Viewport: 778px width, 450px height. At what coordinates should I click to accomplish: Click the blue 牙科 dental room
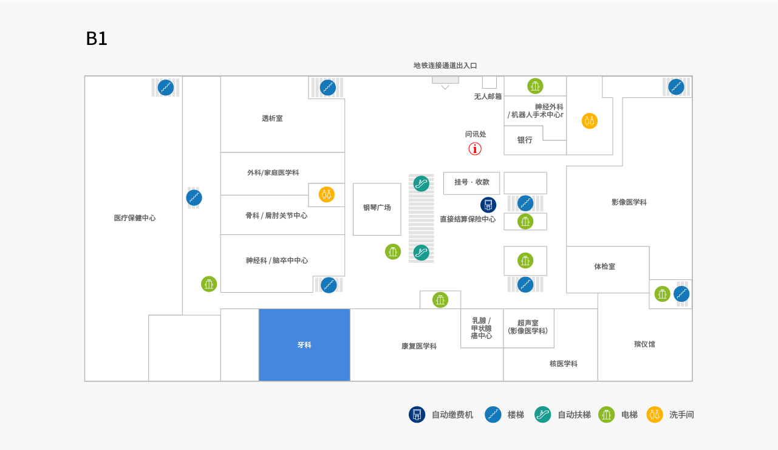point(304,345)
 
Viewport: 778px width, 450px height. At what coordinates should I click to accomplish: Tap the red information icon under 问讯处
point(475,149)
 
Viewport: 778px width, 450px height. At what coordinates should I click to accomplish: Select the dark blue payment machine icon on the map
point(488,205)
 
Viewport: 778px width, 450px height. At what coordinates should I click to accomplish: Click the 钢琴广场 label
point(377,208)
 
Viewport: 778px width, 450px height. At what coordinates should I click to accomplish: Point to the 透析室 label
point(272,118)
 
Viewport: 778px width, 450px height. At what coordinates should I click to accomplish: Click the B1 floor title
point(97,39)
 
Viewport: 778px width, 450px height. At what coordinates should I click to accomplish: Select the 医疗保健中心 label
point(135,218)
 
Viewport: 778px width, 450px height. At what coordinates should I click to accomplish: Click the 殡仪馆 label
point(644,344)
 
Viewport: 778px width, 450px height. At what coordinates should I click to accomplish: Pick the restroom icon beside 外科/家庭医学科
point(327,195)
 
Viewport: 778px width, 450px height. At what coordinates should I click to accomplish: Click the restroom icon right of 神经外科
point(589,121)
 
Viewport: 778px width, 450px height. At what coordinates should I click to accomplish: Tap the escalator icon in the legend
point(542,415)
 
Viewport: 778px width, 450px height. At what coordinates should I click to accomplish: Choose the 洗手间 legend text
point(681,415)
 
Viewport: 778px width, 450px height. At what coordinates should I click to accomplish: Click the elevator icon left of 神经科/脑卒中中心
point(209,284)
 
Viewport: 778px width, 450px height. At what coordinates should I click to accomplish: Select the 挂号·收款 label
point(472,182)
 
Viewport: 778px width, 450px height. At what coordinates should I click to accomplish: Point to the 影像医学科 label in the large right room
point(629,202)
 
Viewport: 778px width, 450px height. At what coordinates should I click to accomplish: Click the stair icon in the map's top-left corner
point(166,87)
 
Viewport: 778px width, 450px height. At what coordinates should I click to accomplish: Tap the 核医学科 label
point(564,364)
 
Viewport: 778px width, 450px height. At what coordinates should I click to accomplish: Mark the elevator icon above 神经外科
point(535,86)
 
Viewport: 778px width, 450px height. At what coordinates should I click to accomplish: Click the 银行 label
point(525,140)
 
